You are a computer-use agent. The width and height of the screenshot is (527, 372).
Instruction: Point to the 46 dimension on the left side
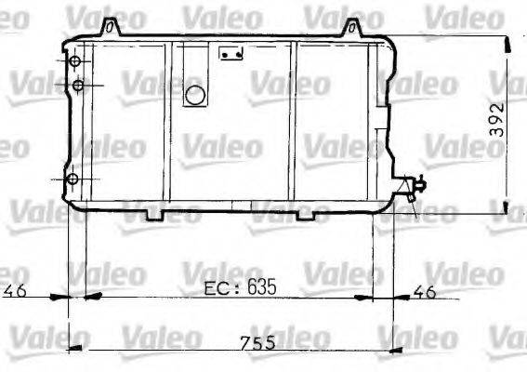click(x=14, y=290)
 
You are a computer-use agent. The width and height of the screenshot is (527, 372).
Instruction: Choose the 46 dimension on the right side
click(x=424, y=290)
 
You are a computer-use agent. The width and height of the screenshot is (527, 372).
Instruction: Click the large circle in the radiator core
click(x=195, y=94)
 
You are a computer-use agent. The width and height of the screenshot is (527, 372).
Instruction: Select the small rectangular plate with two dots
click(x=230, y=54)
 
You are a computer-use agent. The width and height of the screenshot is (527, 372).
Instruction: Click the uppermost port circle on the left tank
click(x=75, y=61)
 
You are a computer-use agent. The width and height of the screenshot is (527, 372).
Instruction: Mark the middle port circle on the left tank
click(x=79, y=86)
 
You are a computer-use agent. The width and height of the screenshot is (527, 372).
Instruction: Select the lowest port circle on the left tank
click(x=73, y=179)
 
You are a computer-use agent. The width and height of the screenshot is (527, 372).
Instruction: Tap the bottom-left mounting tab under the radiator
click(x=152, y=215)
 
